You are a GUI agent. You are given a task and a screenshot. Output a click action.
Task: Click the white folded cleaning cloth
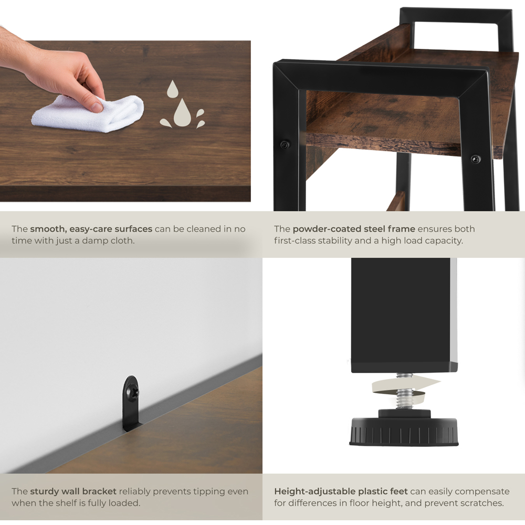point(88,114)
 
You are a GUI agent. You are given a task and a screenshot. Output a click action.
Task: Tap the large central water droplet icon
point(182,112)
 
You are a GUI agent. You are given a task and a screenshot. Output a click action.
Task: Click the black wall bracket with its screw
point(131,403)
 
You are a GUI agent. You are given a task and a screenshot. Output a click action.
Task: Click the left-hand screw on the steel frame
point(284,145)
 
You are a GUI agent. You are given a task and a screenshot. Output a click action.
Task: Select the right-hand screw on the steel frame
point(475,159)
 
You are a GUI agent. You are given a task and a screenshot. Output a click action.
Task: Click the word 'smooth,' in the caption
point(48,229)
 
